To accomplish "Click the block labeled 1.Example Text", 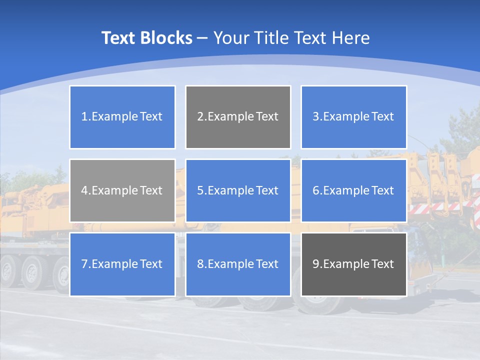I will (122, 117).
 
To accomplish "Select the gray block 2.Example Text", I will (238, 117).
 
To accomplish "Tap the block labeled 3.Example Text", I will (353, 117).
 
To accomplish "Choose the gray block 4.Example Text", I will (122, 190).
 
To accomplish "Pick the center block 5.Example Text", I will (238, 190).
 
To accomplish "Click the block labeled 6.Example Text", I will (353, 190).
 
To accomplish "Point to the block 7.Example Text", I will (122, 264).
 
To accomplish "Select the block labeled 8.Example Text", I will (238, 264).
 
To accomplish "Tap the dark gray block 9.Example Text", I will (353, 264).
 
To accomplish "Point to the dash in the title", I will (202, 38).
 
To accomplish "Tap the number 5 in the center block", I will (200, 190).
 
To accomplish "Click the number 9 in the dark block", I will (315, 264).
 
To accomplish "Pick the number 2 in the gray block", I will (200, 117).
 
